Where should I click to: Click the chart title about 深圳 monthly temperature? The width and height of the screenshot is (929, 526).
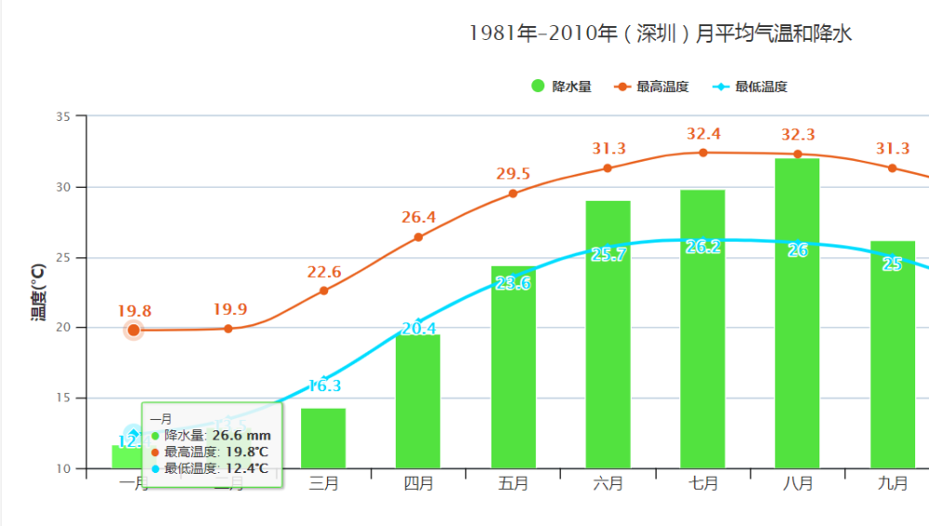pos(661,34)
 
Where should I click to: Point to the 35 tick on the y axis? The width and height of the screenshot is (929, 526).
pos(64,116)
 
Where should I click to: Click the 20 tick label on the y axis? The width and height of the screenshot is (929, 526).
pos(64,328)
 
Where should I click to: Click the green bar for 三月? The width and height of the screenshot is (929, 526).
pos(323,438)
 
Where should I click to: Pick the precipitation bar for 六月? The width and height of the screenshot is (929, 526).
pos(608,335)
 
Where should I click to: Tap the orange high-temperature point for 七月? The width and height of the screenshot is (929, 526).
pos(703,152)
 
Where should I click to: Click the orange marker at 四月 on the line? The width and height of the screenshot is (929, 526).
pos(418,237)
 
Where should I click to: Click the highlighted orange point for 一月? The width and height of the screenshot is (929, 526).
pos(134,330)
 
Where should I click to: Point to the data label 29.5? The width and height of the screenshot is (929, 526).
pos(513,174)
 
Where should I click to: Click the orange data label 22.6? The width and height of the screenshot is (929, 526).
pos(324,272)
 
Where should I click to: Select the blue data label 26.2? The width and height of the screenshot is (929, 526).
pos(702,247)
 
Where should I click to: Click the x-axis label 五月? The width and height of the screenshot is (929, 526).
pos(513,484)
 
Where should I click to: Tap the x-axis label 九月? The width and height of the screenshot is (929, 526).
pos(892,484)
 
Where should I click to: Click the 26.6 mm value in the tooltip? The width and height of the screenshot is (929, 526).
pos(242,435)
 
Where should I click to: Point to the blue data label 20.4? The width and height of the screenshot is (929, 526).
pos(419,328)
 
